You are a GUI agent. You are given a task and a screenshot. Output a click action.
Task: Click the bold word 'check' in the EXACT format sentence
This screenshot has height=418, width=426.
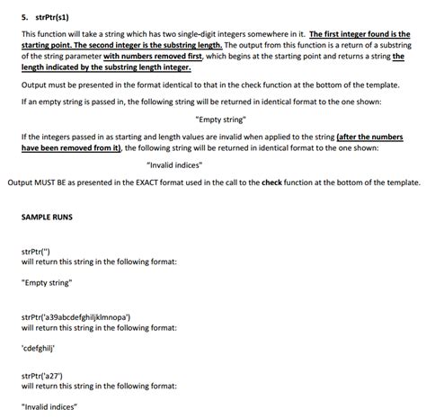[271, 182]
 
